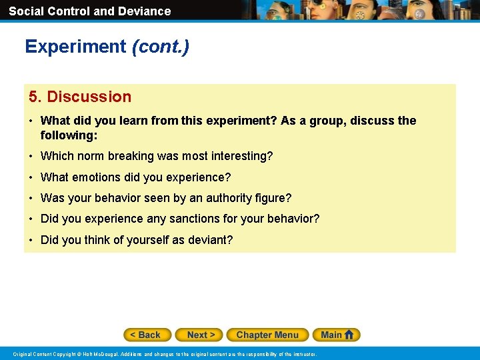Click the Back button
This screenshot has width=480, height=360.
147,335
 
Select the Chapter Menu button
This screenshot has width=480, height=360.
267,335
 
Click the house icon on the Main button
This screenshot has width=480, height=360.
349,335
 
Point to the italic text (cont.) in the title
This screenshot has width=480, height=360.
161,47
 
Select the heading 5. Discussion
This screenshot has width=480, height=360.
80,97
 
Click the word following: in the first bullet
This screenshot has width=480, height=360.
69,135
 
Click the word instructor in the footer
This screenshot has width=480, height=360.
303,354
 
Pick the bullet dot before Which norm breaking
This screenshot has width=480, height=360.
31,157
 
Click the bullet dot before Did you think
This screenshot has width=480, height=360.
31,240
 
